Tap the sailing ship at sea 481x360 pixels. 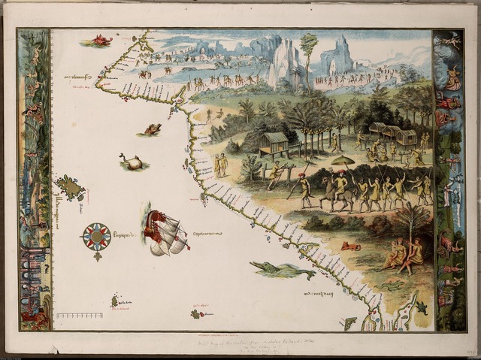coord(165,232)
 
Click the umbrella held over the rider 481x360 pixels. coord(342,160)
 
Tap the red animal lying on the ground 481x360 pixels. coord(349,246)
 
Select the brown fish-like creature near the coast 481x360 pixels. coord(152,129)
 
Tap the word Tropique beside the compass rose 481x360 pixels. coord(128,234)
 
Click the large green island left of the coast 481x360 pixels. coord(70,187)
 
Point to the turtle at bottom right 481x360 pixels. coord(422,307)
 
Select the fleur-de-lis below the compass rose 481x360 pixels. coord(97,256)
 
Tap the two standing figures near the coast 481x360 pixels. coord(221,165)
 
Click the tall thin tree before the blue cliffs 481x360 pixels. coord(308,56)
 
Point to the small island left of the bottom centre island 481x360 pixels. coord(115,301)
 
